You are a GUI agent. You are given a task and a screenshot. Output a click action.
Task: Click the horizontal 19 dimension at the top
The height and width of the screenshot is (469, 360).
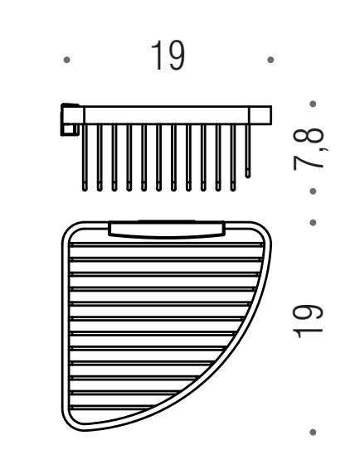[x=168, y=56]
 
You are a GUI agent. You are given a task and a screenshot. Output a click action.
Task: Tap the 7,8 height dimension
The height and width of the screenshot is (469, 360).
[x=309, y=148]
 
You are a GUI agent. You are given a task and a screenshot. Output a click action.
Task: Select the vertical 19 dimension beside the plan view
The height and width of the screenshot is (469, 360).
[x=308, y=322]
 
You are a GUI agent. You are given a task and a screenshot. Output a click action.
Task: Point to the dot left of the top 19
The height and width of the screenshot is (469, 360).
[x=67, y=60]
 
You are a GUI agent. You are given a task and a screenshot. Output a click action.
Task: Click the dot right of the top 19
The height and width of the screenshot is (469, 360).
[x=270, y=60]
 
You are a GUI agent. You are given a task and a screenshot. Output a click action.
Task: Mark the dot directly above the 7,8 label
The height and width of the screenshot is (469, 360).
[x=313, y=104]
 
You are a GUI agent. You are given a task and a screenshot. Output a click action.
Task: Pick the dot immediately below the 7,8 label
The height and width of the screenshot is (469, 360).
[x=313, y=191]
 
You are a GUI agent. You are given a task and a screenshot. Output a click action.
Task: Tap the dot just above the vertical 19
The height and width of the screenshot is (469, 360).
[x=313, y=223]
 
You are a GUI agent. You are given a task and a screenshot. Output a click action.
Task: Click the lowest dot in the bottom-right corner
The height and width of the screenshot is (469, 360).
[x=313, y=433]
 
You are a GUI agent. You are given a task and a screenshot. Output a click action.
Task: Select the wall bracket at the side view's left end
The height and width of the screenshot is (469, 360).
[x=71, y=119]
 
